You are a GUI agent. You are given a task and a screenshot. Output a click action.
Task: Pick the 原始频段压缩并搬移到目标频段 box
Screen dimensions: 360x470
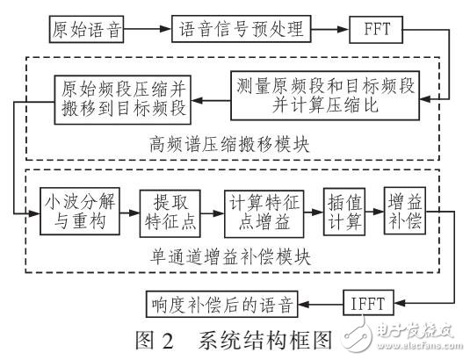[126, 97]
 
